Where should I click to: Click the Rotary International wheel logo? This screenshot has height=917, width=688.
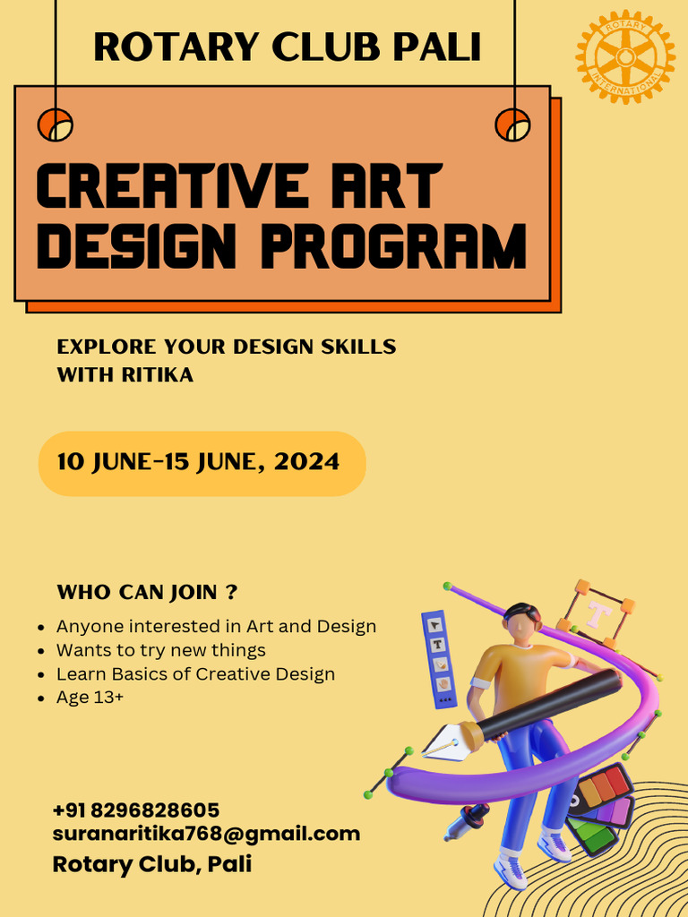[x=625, y=56]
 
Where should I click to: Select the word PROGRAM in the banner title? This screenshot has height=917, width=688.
[x=393, y=245]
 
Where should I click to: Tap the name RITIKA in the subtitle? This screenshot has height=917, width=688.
[x=157, y=375]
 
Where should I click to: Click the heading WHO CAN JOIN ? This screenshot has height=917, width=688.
[x=147, y=592]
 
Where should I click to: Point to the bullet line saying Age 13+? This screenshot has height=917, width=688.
[x=90, y=698]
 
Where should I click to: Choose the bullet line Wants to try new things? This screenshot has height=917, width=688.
[x=160, y=650]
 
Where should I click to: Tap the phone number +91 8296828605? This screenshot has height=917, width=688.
[x=136, y=810]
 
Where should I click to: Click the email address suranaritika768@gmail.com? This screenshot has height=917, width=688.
[x=206, y=834]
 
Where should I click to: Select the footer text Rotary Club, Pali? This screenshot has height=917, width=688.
[x=152, y=864]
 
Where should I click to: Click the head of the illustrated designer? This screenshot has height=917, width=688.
[x=521, y=622]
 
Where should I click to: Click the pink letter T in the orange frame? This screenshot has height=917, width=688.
[x=598, y=613]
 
